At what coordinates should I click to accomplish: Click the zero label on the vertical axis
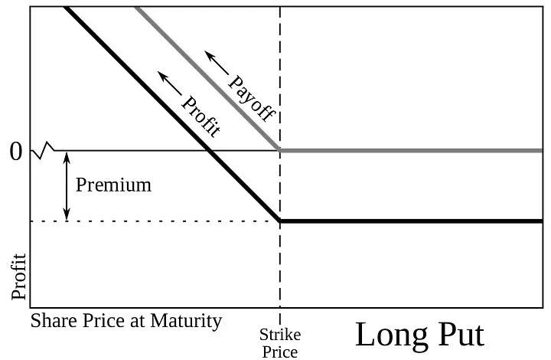click(16, 152)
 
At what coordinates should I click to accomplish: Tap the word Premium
click(113, 185)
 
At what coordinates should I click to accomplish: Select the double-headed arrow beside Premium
click(67, 186)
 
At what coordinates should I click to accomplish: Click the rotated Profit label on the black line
click(201, 116)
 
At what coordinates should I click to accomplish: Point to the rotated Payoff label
click(252, 99)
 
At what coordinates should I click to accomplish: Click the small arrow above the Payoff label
click(217, 63)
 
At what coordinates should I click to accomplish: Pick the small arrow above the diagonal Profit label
click(170, 83)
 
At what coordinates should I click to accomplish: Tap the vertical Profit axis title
click(18, 277)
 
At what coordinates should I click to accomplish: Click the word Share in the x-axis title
click(54, 321)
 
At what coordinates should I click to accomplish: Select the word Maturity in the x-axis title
click(186, 322)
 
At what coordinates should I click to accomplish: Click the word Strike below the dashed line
click(280, 335)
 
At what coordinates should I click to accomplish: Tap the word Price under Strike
click(280, 352)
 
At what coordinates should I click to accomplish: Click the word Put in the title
click(461, 334)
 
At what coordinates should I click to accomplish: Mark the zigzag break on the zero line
click(43, 150)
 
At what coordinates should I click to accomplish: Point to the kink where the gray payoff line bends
click(280, 150)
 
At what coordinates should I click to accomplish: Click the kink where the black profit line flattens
click(280, 221)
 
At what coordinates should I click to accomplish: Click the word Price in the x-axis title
click(103, 321)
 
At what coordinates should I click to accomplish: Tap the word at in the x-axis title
click(138, 322)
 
